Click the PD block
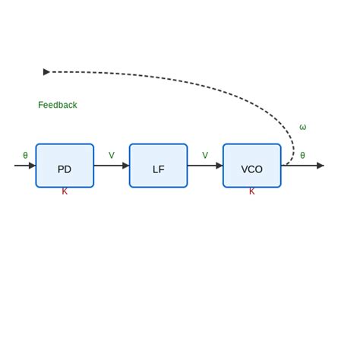click(65, 166)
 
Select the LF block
click(158, 166)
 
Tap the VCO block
click(251, 166)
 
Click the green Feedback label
click(58, 106)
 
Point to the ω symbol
click(302, 128)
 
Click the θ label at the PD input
click(25, 156)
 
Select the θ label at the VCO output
click(302, 156)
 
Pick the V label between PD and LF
click(112, 156)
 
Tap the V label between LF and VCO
click(205, 156)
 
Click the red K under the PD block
click(65, 191)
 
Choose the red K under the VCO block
click(252, 191)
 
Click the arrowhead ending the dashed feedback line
click(46, 72)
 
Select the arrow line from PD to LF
click(108, 166)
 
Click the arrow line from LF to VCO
click(201, 166)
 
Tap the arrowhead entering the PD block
click(33, 166)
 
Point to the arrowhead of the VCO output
click(321, 166)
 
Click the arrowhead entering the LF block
click(126, 166)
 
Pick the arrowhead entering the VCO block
click(219, 166)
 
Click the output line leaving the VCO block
click(299, 166)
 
